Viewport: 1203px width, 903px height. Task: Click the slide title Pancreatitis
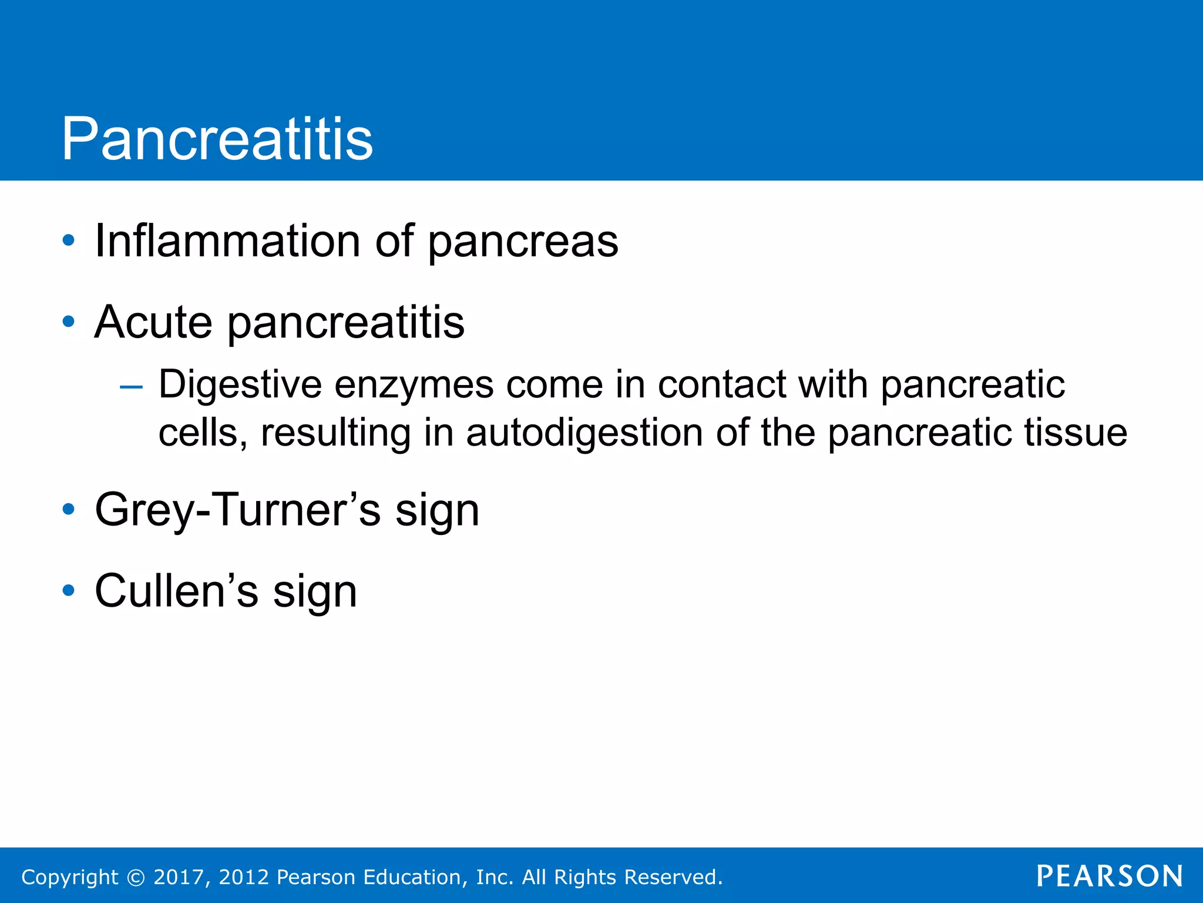(217, 139)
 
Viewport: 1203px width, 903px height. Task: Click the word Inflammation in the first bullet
(227, 241)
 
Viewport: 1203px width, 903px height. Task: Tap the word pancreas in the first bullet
(523, 242)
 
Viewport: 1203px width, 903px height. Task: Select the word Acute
(153, 322)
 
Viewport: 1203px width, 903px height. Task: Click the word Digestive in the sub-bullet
(240, 385)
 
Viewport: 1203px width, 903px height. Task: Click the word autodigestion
(584, 433)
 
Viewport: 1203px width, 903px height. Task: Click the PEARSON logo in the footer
(1109, 876)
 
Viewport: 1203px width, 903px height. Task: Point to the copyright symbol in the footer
(136, 877)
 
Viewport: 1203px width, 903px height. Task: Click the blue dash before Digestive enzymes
(130, 387)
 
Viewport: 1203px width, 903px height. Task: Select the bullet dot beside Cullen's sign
(69, 590)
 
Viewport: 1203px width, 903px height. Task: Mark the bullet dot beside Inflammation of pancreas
(69, 240)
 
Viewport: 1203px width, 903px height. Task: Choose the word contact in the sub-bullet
(721, 385)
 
